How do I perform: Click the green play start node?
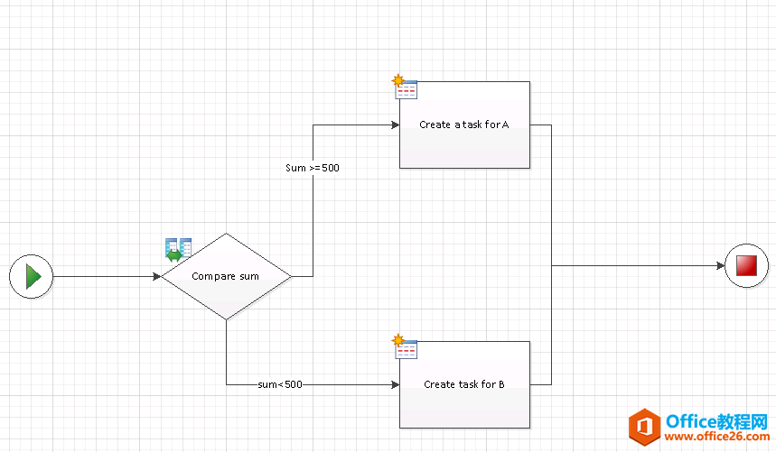(32, 276)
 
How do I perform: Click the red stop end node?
(746, 266)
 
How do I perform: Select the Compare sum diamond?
(226, 276)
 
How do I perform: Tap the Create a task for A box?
(464, 125)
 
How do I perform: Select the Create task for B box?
(464, 384)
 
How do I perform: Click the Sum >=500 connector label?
(313, 168)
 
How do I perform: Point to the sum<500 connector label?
(280, 384)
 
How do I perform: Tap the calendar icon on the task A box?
(405, 88)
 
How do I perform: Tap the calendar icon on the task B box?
(405, 347)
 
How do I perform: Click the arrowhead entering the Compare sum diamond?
(156, 276)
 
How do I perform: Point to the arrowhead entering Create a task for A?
(395, 125)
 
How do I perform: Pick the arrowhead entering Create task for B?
(395, 384)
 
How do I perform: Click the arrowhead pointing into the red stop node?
(720, 266)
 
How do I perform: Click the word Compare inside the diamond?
(213, 276)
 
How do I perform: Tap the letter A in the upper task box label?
(505, 125)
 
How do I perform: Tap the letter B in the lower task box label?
(500, 384)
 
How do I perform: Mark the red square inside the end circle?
(746, 266)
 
